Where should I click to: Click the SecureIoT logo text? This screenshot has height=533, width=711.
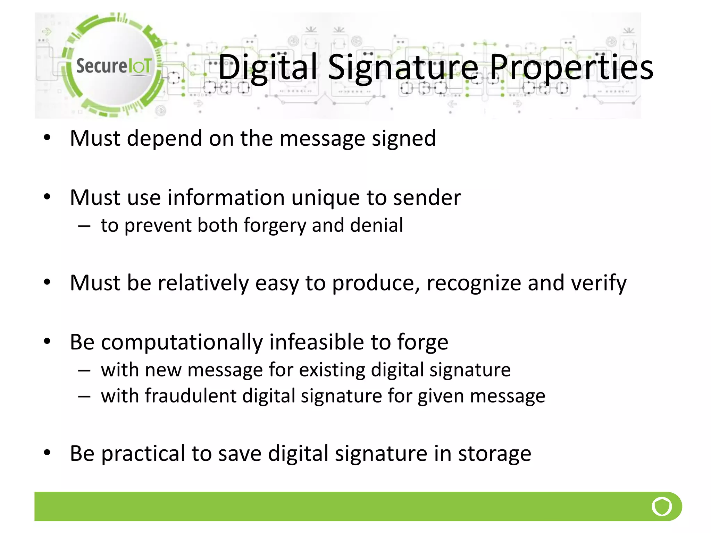pyautogui.click(x=114, y=66)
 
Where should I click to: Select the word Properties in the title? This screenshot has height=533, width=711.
pyautogui.click(x=571, y=67)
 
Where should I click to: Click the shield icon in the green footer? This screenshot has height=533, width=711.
pyautogui.click(x=662, y=506)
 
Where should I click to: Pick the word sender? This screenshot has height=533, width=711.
pyautogui.click(x=427, y=197)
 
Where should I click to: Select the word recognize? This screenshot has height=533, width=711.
pyautogui.click(x=474, y=283)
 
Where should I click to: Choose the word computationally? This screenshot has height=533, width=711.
pyautogui.click(x=182, y=342)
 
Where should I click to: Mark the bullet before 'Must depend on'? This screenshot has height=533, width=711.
pyautogui.click(x=47, y=138)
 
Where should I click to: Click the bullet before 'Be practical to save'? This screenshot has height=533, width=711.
pyautogui.click(x=47, y=452)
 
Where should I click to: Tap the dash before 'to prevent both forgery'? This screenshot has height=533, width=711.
pyautogui.click(x=84, y=226)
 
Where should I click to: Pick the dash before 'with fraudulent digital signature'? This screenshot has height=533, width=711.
pyautogui.click(x=84, y=397)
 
